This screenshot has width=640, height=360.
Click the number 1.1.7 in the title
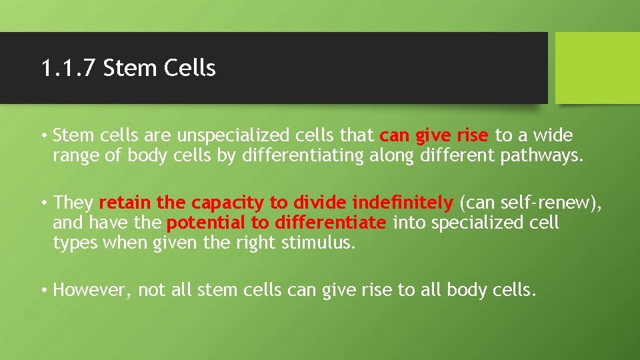point(69,68)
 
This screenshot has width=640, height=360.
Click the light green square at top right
point(597,68)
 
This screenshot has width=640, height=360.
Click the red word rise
point(473,136)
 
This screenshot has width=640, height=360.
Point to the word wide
point(552,136)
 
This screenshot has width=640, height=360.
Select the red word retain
point(124,202)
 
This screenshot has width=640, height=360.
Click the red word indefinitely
point(403,202)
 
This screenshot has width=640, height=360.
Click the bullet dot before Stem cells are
point(43,137)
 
